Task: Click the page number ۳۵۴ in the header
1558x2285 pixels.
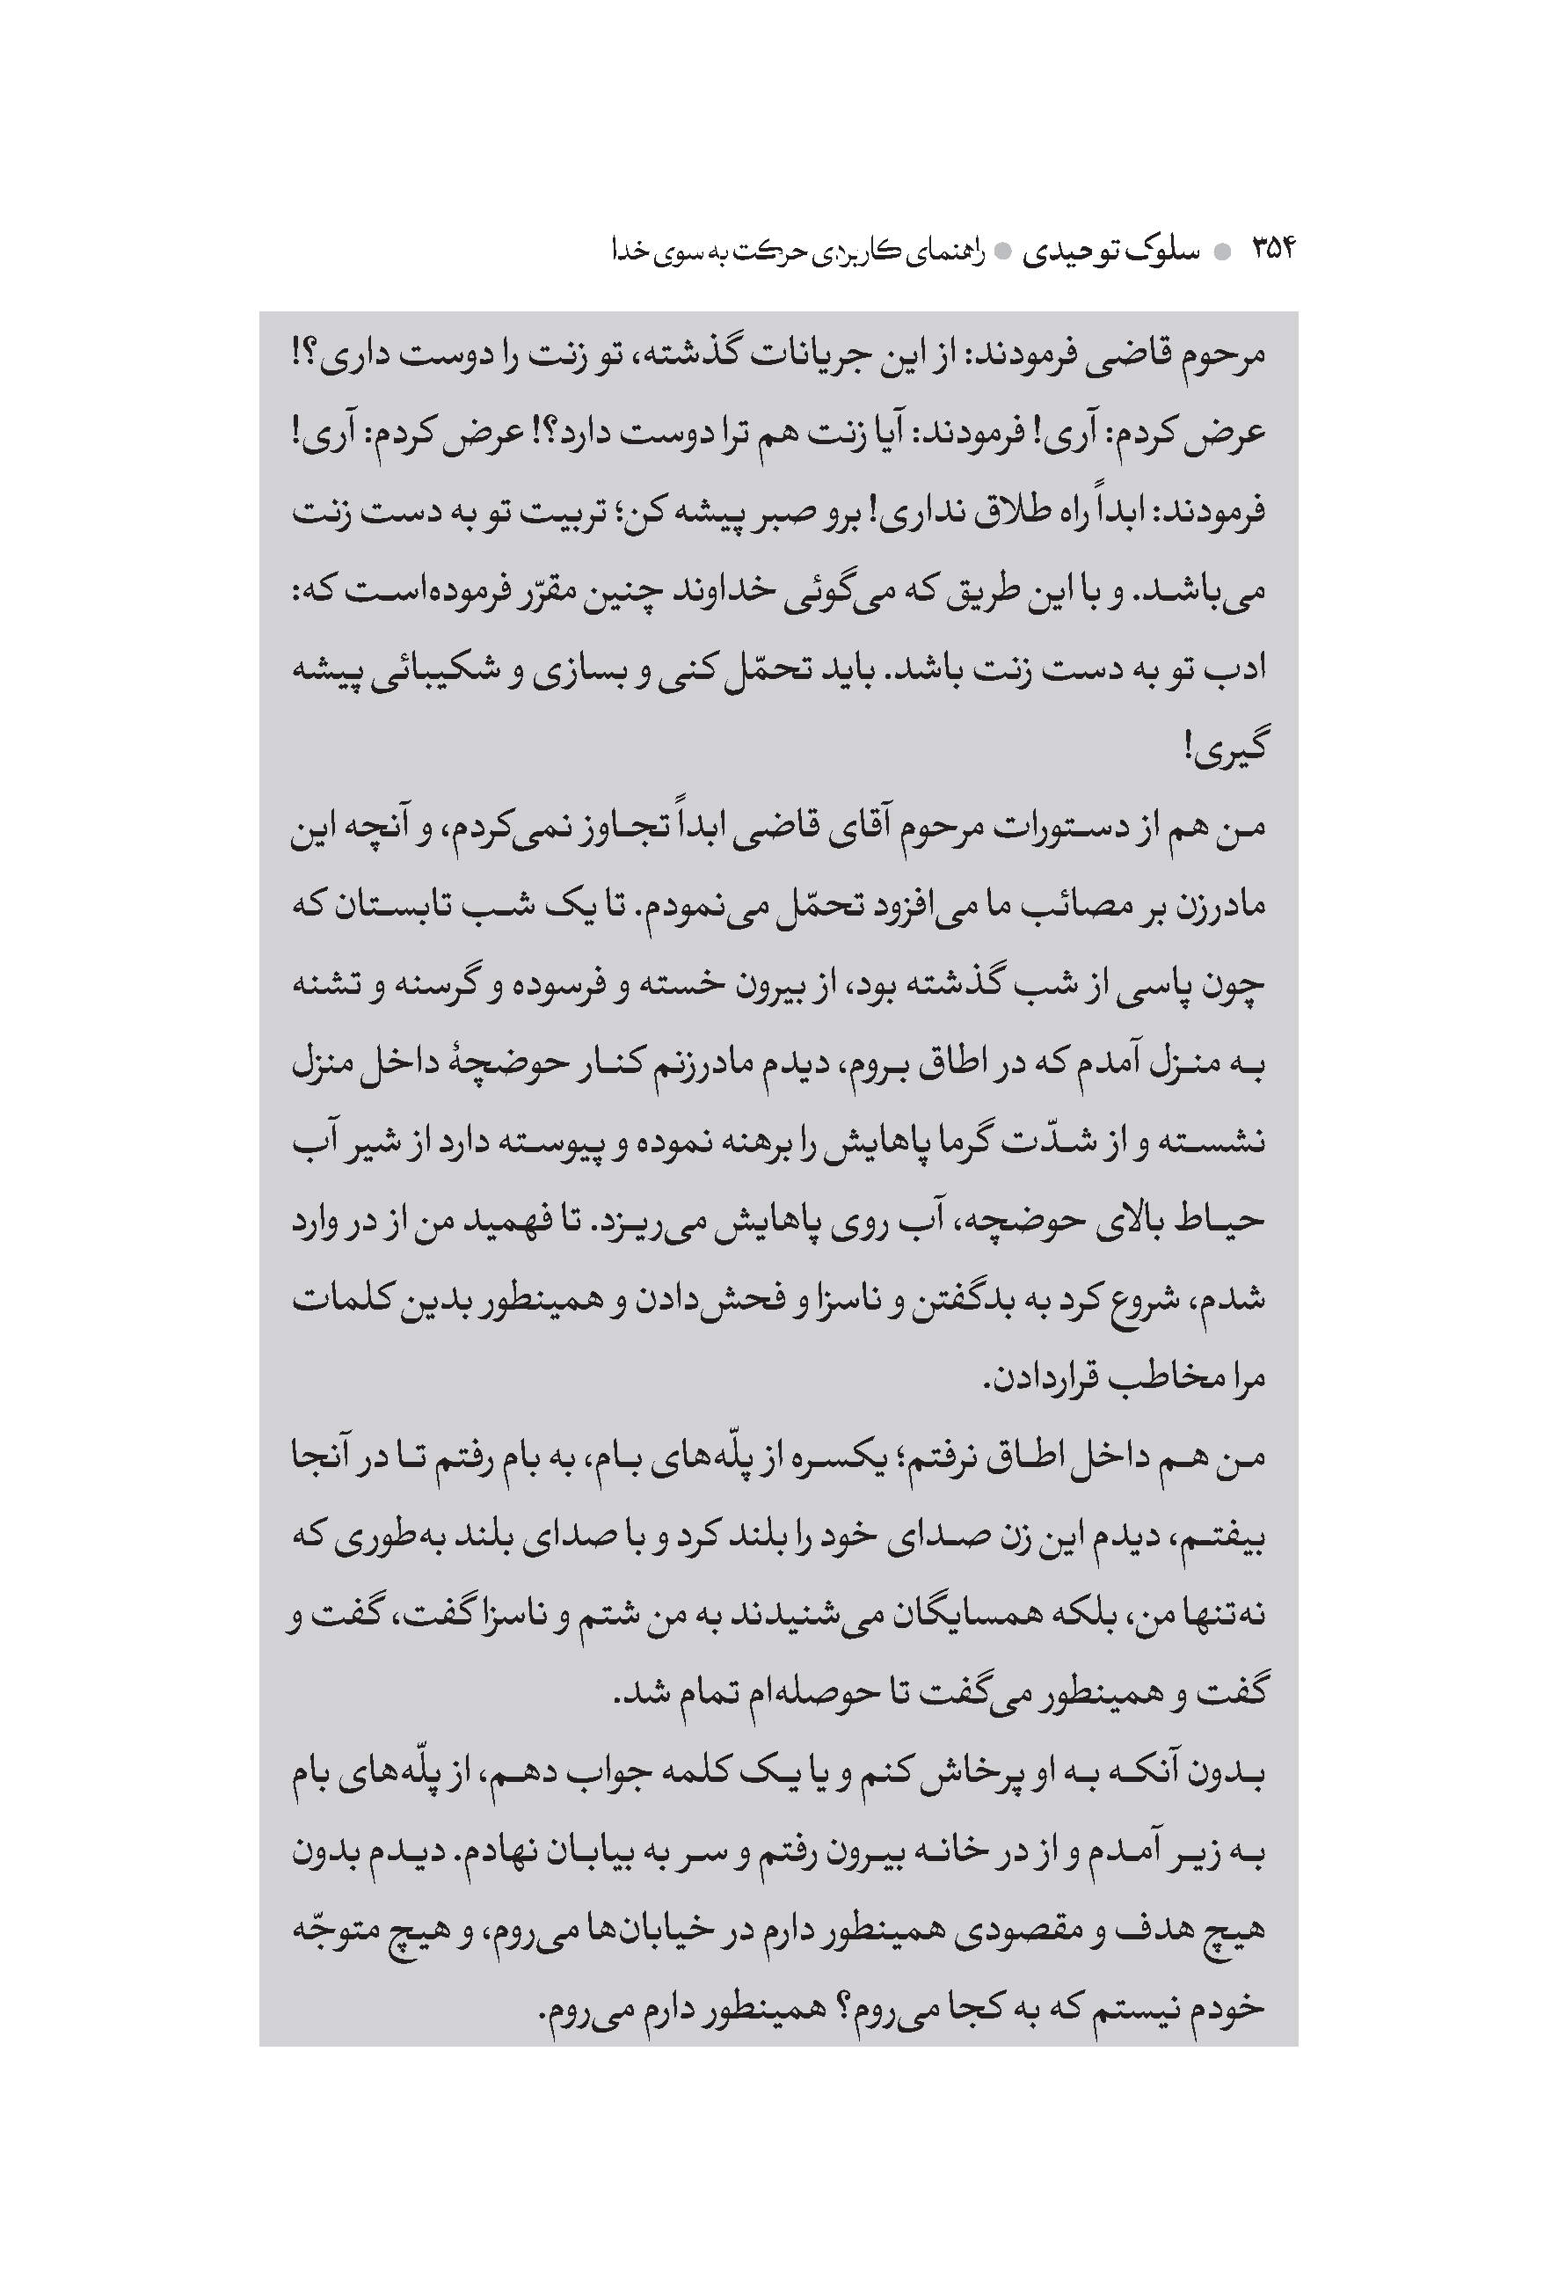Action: pos(1273,250)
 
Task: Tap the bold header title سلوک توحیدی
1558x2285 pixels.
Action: pos(1110,252)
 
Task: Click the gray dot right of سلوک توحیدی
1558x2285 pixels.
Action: pos(1222,252)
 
